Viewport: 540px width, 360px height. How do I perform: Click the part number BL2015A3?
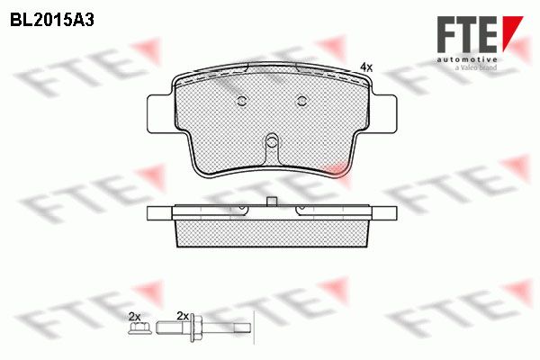pyautogui.click(x=52, y=21)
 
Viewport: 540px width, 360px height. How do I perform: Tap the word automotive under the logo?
pyautogui.click(x=467, y=60)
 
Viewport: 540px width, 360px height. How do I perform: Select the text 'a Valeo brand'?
pyautogui.click(x=476, y=67)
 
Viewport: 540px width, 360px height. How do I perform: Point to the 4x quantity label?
pyautogui.click(x=366, y=67)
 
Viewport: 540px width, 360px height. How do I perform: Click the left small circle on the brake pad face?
pyautogui.click(x=242, y=101)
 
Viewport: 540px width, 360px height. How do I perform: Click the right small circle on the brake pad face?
pyautogui.click(x=302, y=101)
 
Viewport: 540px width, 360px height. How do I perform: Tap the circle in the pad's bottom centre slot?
pyautogui.click(x=272, y=141)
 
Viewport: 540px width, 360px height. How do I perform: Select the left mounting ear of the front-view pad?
pyautogui.click(x=159, y=113)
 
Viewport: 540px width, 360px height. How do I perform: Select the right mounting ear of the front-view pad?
pyautogui.click(x=384, y=113)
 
